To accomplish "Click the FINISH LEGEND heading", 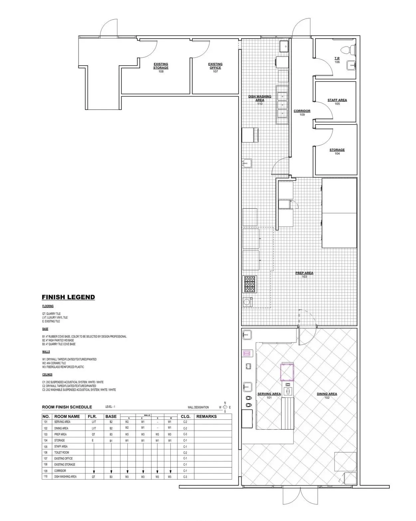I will [x=68, y=297].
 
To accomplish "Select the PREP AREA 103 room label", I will [x=304, y=275].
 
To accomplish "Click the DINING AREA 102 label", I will [x=327, y=396].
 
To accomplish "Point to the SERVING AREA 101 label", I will [x=269, y=396].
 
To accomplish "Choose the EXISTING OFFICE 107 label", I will [x=215, y=68].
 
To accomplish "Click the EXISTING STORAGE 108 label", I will [x=161, y=68].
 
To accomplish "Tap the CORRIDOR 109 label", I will [x=302, y=113].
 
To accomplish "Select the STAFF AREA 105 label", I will [x=337, y=102].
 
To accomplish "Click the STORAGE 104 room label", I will [x=337, y=152].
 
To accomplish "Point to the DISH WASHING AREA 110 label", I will [x=260, y=100].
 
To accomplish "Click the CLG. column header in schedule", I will [x=185, y=416].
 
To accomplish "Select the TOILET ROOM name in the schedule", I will [x=62, y=452].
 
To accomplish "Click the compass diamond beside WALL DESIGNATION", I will [x=225, y=407].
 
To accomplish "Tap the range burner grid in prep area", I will [x=249, y=284].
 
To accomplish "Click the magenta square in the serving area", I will [x=288, y=372].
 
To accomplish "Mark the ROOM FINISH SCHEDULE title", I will [x=67, y=407].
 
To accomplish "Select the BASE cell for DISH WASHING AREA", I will [x=111, y=477].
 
